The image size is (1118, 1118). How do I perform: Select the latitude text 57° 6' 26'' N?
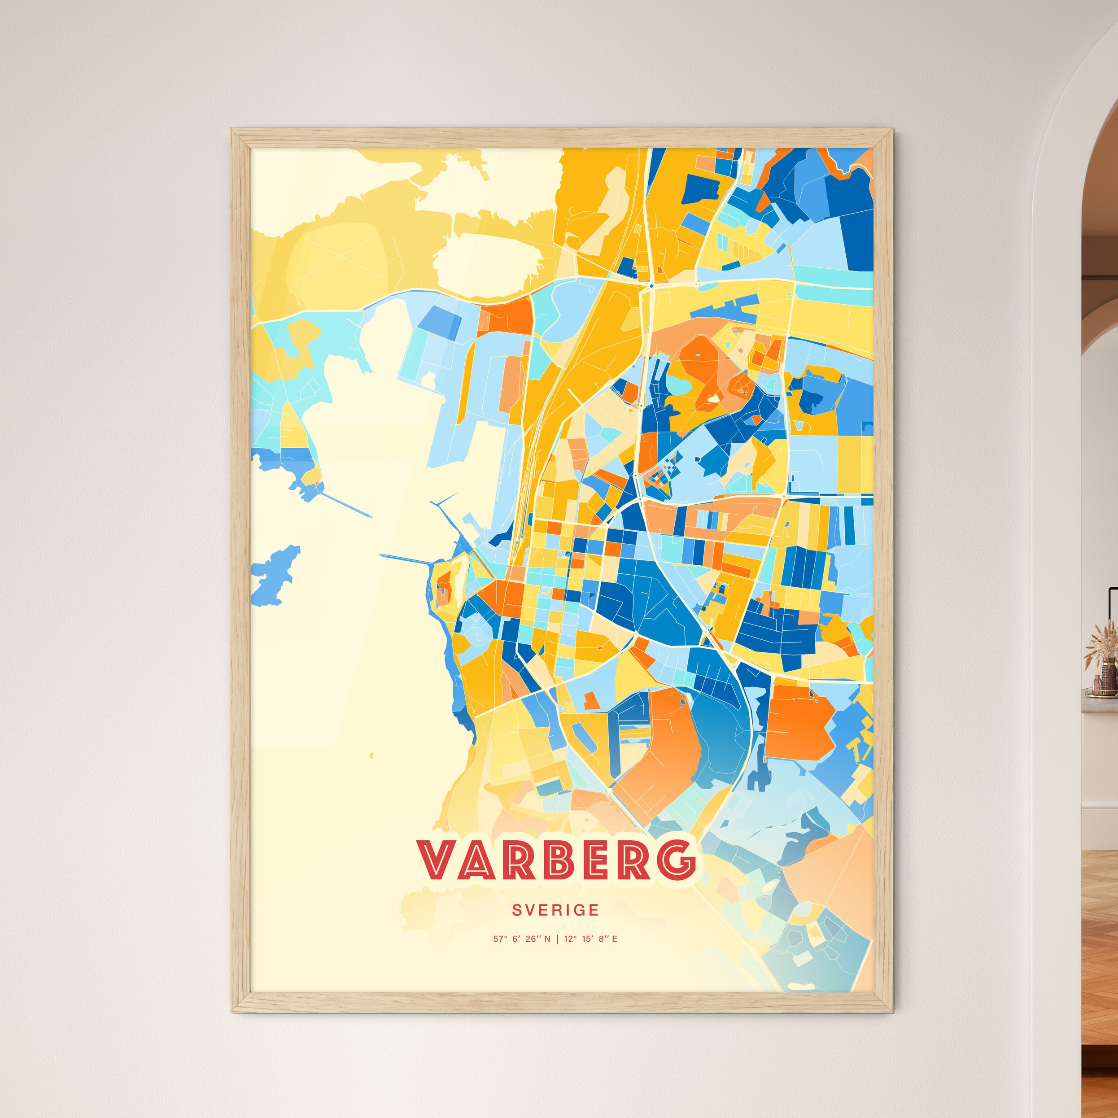click(x=521, y=939)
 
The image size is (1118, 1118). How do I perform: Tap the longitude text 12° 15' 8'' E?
click(x=590, y=939)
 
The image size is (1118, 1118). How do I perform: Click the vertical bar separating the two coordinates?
click(x=557, y=939)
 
